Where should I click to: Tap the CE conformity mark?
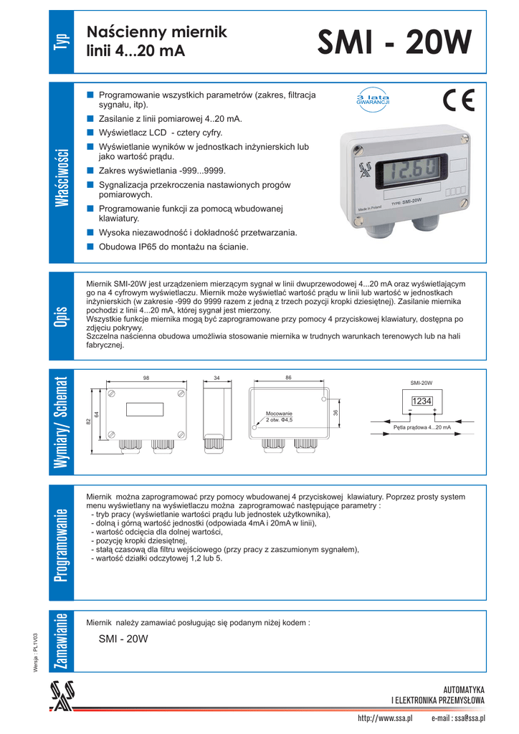tap(459, 101)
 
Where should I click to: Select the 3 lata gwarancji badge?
tap(373, 100)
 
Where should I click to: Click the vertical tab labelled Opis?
tap(61, 315)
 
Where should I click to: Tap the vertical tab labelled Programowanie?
tap(61, 544)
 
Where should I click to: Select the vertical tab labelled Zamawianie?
tap(61, 641)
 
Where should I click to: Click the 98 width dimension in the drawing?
tap(146, 378)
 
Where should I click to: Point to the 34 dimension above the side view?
tap(217, 378)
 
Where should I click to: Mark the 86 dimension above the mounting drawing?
tap(288, 378)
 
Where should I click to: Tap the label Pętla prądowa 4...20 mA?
tap(422, 427)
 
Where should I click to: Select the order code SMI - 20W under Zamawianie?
tap(123, 639)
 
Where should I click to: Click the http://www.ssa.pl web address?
tap(385, 718)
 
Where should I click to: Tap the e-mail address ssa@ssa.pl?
tap(459, 718)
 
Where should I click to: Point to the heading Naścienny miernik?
tap(156, 32)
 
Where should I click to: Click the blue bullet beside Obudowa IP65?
tap(90, 247)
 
